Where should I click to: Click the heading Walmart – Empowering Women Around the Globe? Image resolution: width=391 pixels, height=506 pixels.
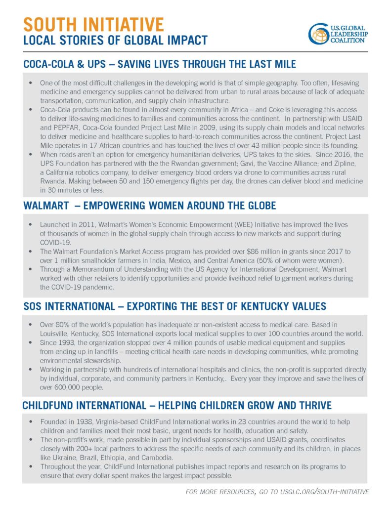click(149, 205)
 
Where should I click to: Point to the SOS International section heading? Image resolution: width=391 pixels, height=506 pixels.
click(174, 306)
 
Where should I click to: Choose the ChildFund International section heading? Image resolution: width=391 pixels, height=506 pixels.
click(176, 406)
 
